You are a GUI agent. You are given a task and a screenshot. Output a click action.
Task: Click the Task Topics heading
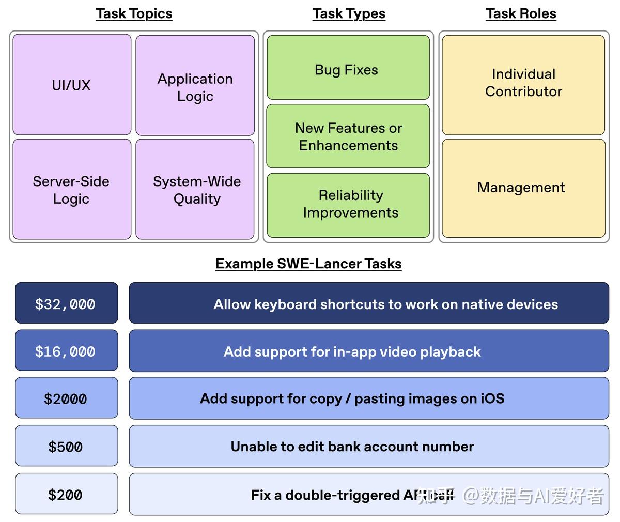[x=134, y=14]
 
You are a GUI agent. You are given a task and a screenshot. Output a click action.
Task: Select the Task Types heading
[x=349, y=14]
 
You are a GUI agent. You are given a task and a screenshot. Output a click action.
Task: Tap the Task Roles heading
[x=521, y=14]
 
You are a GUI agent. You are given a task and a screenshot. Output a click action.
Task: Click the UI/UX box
[x=72, y=85]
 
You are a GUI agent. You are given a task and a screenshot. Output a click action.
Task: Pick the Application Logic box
[x=195, y=85]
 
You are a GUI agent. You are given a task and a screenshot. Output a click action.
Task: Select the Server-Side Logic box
[x=72, y=189]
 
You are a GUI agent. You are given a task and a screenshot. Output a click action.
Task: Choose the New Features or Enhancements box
[x=348, y=136]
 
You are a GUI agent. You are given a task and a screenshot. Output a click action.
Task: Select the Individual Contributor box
[x=523, y=85]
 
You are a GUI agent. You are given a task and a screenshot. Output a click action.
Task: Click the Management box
[x=523, y=188]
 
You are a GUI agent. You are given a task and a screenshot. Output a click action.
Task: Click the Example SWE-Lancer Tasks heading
[x=308, y=264]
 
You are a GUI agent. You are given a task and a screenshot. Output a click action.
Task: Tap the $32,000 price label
[x=66, y=303]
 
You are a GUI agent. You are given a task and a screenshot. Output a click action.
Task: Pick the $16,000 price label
[x=66, y=351]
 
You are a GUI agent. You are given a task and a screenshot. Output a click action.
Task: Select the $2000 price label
[x=66, y=398]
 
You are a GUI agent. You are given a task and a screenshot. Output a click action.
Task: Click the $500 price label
[x=66, y=447]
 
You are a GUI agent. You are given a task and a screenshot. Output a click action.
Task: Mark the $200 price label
[x=66, y=495]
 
